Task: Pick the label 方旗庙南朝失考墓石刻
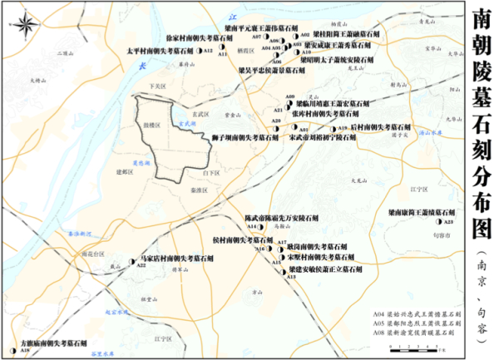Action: coord(51,342)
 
